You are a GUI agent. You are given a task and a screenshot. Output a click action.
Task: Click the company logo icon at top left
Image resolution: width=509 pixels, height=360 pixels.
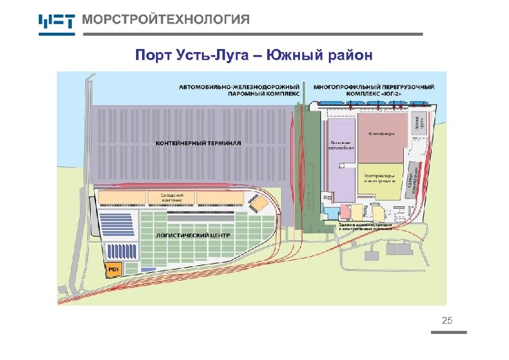56,22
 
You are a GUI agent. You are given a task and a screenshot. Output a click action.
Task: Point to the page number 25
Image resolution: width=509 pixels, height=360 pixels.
447,320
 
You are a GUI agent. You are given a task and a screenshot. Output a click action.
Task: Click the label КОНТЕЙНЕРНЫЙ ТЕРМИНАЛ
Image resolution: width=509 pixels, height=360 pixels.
198,143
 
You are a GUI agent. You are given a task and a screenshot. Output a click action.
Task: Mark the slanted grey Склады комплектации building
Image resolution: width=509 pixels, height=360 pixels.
413,176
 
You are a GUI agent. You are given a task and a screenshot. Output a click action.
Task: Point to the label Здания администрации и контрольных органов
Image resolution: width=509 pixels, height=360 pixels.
365,227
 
